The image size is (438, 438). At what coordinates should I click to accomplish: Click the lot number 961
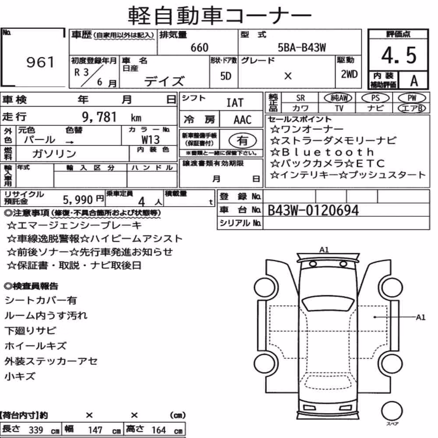coord(40,62)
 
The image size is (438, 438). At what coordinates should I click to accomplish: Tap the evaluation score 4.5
coord(399,55)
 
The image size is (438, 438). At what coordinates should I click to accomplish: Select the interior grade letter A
coord(414,81)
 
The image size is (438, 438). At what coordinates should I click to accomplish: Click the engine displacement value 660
coord(199,47)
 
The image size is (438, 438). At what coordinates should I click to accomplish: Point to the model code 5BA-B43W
coord(302,47)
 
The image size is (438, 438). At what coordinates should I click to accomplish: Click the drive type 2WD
coord(349,74)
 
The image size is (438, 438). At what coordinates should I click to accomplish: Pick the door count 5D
coord(226,76)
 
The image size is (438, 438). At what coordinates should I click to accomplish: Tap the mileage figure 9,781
coord(99,117)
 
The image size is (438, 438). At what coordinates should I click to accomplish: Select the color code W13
coord(151,139)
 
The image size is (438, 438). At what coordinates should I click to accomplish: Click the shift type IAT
coord(235,102)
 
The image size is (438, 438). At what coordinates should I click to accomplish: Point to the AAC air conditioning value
coord(243,120)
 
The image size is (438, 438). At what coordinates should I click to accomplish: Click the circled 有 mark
coord(243,140)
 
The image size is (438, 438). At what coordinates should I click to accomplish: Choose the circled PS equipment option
coord(375,98)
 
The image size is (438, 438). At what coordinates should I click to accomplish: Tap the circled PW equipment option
coord(412,98)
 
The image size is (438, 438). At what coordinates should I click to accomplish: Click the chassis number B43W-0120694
coord(313,210)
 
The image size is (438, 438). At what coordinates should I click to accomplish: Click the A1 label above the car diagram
coord(324,250)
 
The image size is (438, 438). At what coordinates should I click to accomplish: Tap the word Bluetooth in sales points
coord(328,152)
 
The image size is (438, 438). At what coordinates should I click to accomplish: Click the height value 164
coord(159,430)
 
